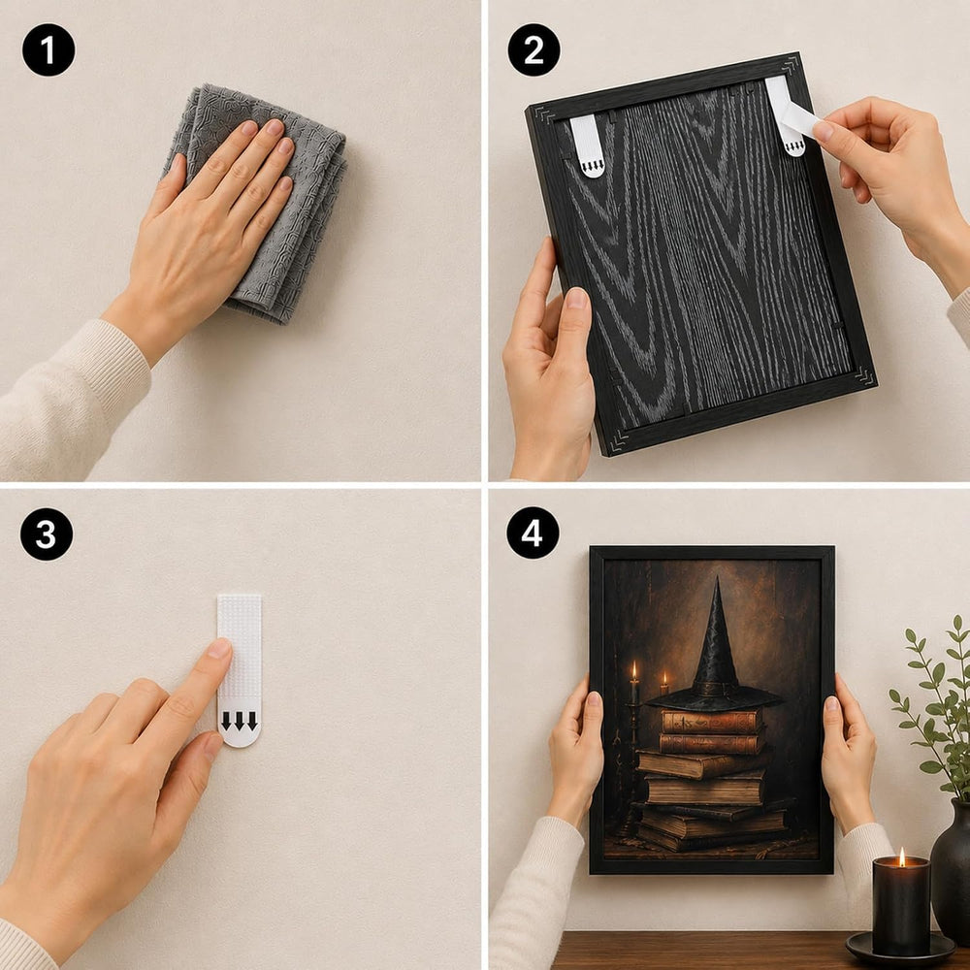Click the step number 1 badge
point(48,49)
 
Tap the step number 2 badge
point(533,49)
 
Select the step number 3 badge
point(47,534)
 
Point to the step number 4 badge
point(533,533)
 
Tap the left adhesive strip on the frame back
point(587,146)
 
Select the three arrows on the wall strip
point(240,721)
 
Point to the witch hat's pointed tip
point(717,578)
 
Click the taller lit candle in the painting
point(633,674)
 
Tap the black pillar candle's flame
point(901,857)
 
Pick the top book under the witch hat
point(711,722)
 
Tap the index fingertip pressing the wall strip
point(220,648)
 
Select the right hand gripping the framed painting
point(848,749)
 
